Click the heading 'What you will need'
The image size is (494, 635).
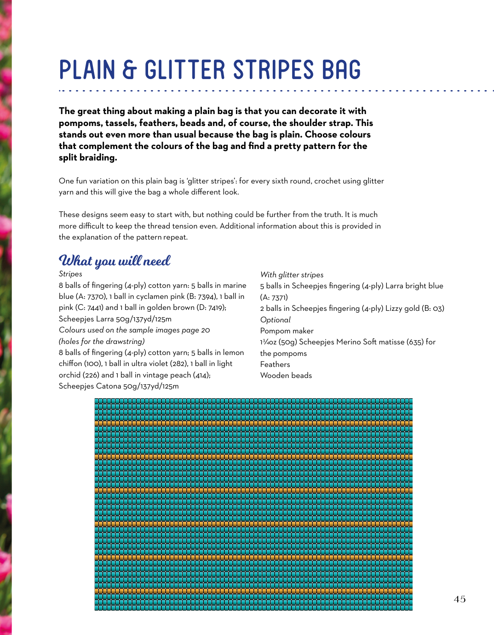click(x=115, y=261)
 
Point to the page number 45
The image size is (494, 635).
click(x=460, y=599)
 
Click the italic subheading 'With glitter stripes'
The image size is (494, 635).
click(x=292, y=275)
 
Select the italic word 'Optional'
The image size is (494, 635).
click(x=275, y=320)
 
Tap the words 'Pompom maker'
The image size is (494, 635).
click(x=287, y=331)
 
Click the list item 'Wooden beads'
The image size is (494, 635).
click(x=286, y=375)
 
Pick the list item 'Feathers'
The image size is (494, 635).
click(x=275, y=364)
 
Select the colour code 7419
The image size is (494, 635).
click(x=215, y=308)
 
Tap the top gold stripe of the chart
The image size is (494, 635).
click(x=253, y=423)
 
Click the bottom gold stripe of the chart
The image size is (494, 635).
click(x=253, y=591)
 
